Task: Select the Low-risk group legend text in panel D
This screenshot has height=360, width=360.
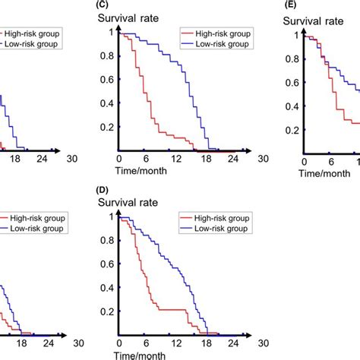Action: [x=223, y=229]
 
